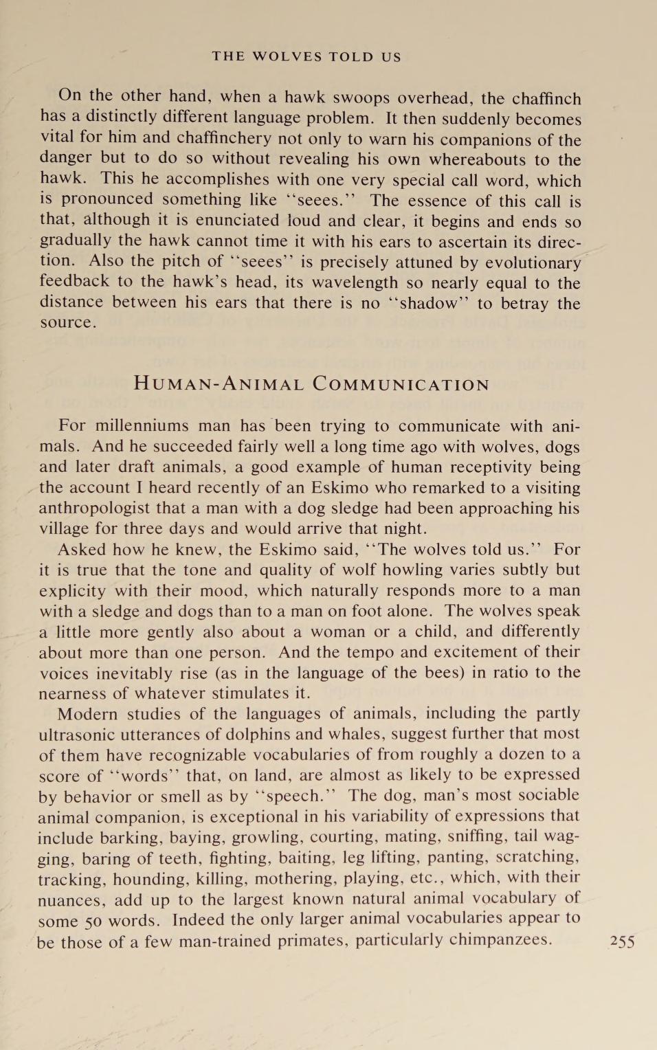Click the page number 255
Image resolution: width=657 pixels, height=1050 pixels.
622,941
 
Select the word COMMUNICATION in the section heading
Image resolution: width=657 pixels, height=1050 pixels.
401,384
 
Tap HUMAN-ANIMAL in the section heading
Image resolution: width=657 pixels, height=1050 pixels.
219,384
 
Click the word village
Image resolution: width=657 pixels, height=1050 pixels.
67,529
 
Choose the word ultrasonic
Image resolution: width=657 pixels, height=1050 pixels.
80,735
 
